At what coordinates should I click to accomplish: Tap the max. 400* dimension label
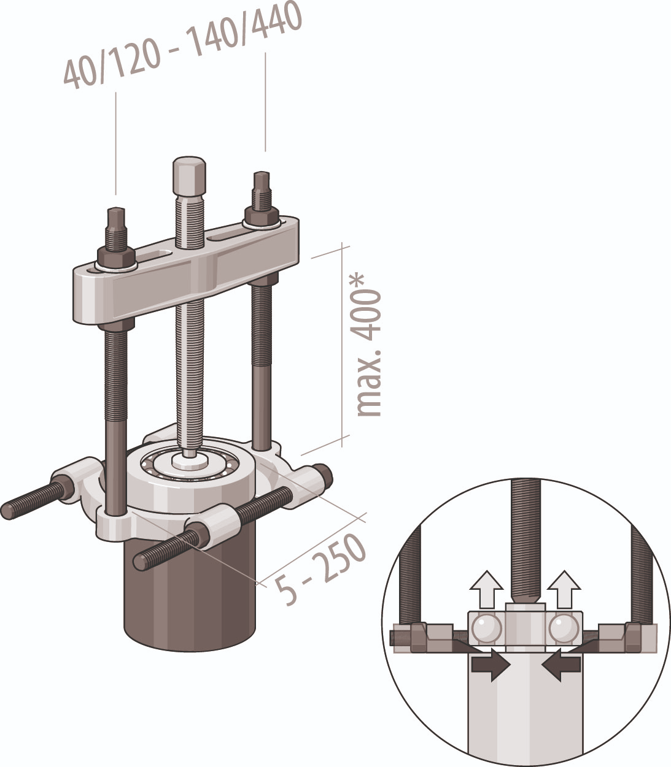368,346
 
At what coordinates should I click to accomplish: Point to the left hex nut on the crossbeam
116,258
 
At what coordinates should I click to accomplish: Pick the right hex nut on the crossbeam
262,217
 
